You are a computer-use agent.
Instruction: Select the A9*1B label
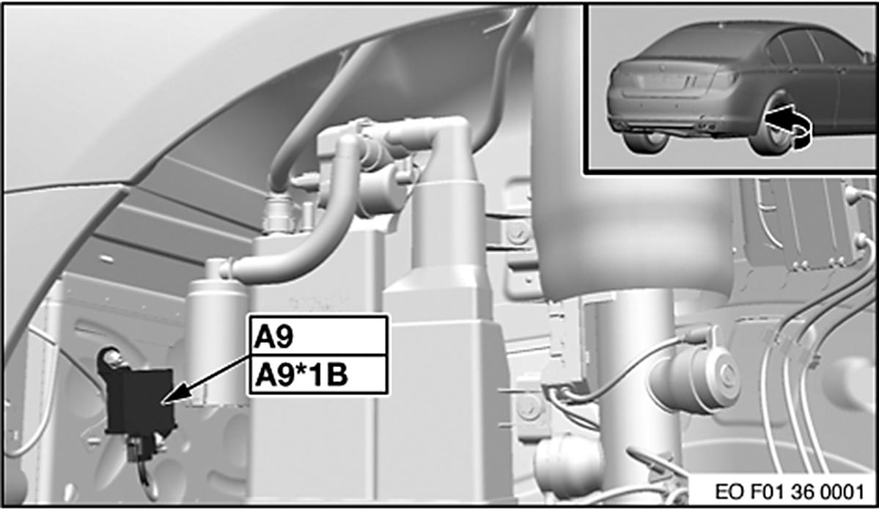(318, 374)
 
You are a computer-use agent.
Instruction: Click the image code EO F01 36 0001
(789, 492)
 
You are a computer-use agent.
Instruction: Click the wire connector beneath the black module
(139, 448)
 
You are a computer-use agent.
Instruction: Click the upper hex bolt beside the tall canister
(518, 232)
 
